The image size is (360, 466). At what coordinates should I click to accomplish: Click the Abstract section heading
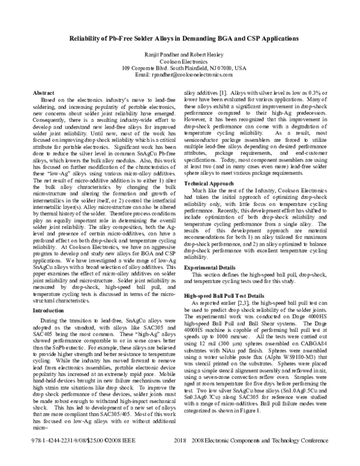[x=43, y=94]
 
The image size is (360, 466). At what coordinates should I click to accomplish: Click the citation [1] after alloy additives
[x=222, y=94]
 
